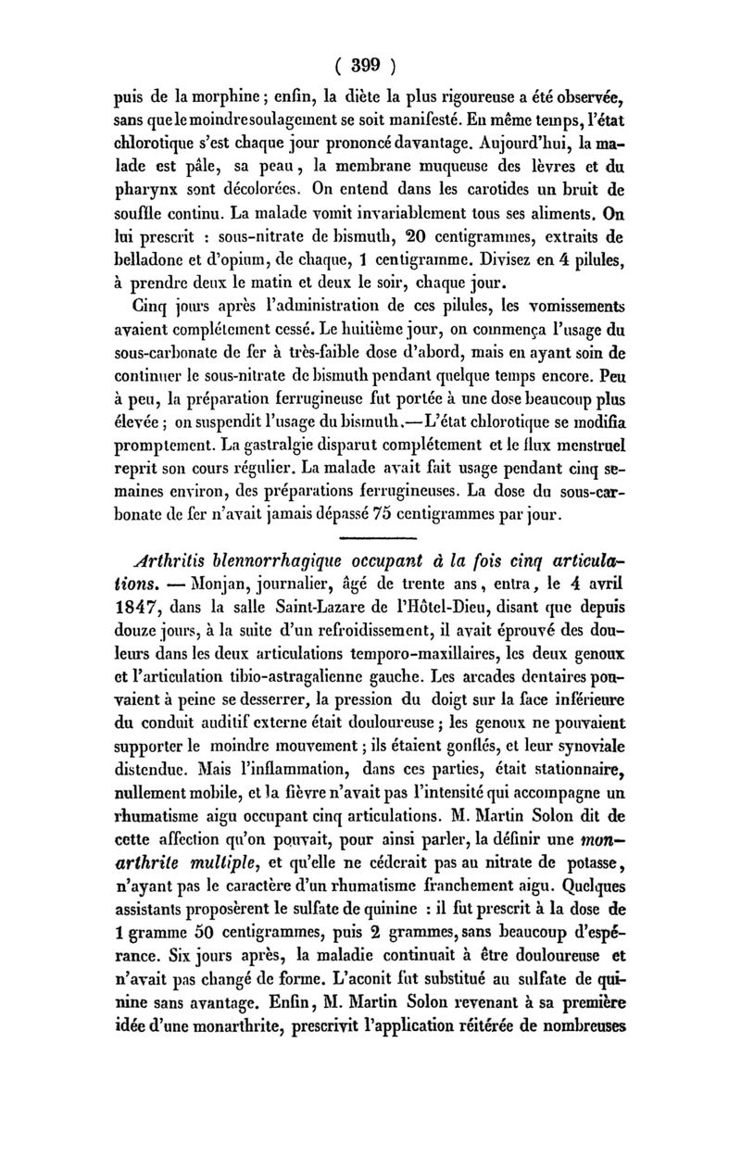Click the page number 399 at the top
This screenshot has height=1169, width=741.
coord(370,66)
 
